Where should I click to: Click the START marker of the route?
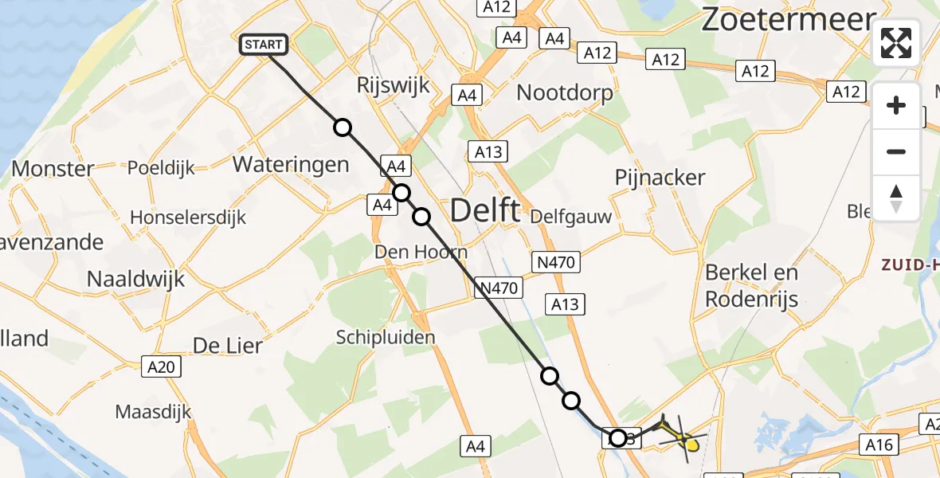point(263,45)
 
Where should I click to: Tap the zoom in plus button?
point(896,105)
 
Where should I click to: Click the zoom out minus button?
point(896,151)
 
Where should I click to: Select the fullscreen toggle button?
point(896,43)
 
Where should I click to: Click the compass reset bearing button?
point(896,198)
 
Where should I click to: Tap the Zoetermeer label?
point(788,21)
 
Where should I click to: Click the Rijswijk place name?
point(394,85)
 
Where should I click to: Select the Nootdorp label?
point(565,93)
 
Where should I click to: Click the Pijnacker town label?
point(660,178)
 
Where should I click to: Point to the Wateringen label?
point(291,165)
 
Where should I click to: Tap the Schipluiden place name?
point(386,337)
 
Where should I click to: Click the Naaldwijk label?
point(135,279)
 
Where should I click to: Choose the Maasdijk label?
point(154,412)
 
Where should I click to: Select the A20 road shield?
point(162,366)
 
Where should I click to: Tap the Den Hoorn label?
point(421,253)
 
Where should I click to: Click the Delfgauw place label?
point(571,216)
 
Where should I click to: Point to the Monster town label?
point(53,169)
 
